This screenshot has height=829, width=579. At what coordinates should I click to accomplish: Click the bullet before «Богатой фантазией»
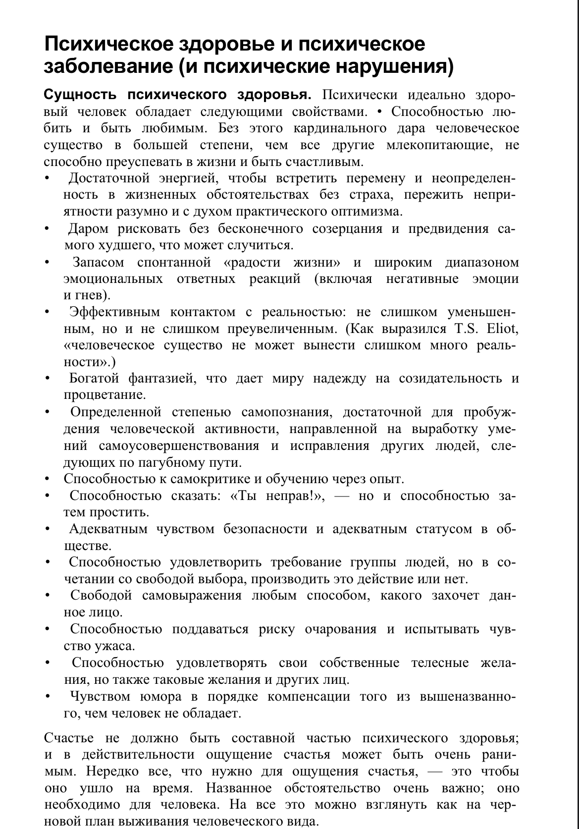(x=47, y=379)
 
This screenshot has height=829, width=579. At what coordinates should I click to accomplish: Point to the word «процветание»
(x=105, y=395)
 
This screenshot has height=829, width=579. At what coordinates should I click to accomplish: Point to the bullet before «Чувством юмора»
(x=47, y=697)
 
